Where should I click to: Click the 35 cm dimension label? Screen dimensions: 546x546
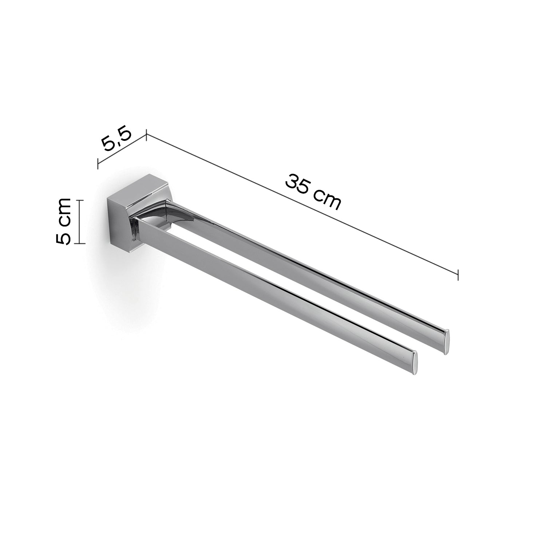(313, 192)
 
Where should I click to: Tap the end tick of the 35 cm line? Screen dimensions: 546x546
(458, 275)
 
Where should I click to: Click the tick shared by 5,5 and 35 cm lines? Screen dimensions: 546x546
(146, 135)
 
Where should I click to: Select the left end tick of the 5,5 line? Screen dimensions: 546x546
(98, 164)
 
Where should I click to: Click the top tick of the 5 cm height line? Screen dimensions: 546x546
(79, 200)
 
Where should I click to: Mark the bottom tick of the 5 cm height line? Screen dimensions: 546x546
(79, 243)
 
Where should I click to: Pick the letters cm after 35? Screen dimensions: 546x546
(328, 200)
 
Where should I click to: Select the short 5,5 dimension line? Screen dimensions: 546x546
(122, 149)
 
